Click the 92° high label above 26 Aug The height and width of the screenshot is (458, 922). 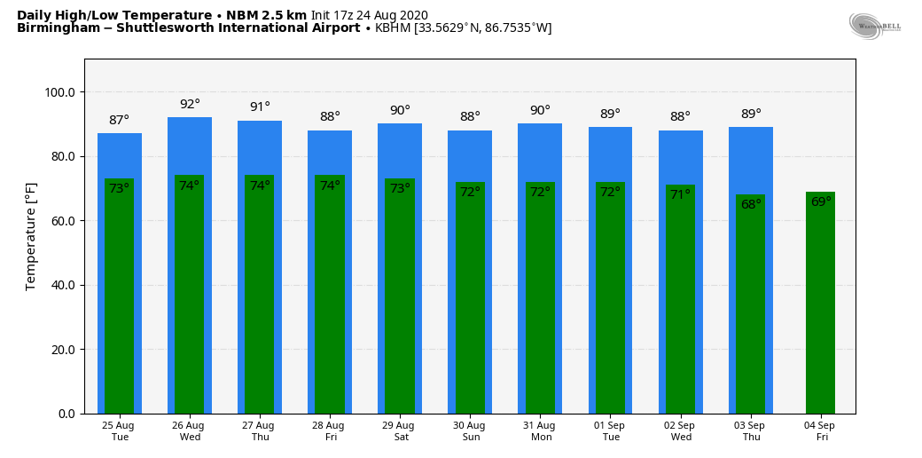pyautogui.click(x=190, y=104)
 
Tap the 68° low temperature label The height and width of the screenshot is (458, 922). pyautogui.click(x=751, y=204)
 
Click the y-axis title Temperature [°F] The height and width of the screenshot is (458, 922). pyautogui.click(x=31, y=236)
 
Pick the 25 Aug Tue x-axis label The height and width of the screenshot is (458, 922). pyautogui.click(x=119, y=431)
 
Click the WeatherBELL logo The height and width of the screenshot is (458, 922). pyautogui.click(x=873, y=26)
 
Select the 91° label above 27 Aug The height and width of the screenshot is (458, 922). pyautogui.click(x=260, y=107)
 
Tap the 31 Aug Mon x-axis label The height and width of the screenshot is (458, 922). pyautogui.click(x=539, y=431)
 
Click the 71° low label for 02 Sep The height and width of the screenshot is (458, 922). pyautogui.click(x=680, y=194)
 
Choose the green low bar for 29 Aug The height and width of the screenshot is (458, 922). pyautogui.click(x=400, y=302)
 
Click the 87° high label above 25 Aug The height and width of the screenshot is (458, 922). pyautogui.click(x=119, y=120)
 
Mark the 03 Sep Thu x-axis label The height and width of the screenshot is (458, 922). pyautogui.click(x=751, y=431)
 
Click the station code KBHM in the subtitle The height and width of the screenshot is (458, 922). pyautogui.click(x=393, y=28)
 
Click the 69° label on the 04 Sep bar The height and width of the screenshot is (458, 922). pyautogui.click(x=821, y=201)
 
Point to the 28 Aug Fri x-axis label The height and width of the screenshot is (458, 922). pyautogui.click(x=330, y=431)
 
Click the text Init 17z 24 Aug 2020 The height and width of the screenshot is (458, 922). pyautogui.click(x=369, y=15)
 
